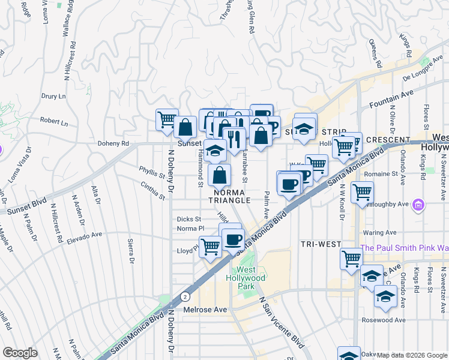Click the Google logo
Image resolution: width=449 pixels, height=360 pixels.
(20, 353)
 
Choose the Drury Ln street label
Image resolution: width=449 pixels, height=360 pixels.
(53, 96)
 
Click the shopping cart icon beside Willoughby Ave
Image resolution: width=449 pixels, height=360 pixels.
(363, 193)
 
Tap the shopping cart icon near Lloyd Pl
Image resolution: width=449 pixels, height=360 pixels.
(210, 246)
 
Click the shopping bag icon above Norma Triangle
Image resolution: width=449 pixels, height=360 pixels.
(220, 175)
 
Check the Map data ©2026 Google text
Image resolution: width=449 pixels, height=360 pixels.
(412, 355)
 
